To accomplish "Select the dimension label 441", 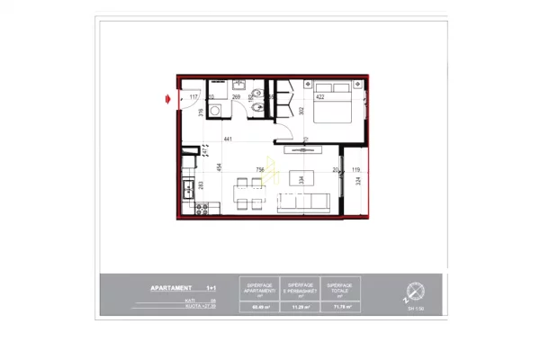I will (x=229, y=139).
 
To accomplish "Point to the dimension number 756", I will (x=261, y=168).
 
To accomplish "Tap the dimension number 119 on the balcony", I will (x=356, y=169).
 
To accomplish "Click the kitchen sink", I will (x=188, y=189).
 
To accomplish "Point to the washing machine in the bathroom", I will (x=216, y=110).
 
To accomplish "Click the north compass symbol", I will (x=415, y=291).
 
